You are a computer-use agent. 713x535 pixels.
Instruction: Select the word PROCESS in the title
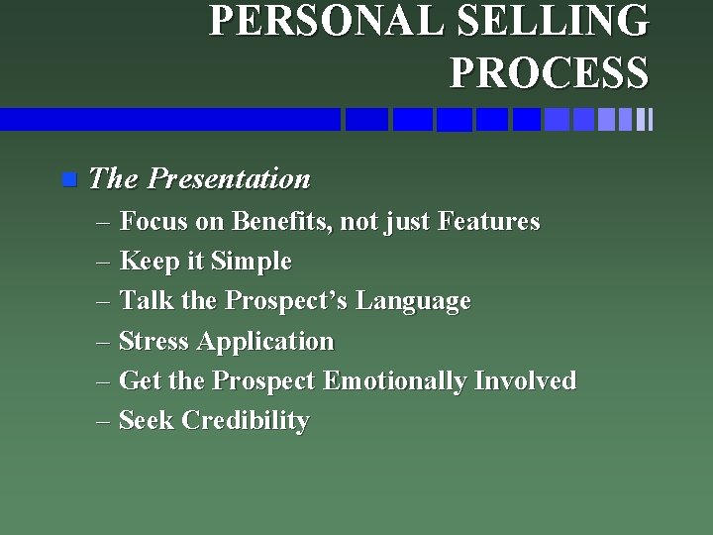[x=549, y=71]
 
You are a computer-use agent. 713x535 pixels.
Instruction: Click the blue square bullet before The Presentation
[x=67, y=180]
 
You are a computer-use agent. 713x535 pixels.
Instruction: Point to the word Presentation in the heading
[x=229, y=179]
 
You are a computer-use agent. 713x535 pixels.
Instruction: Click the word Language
[x=413, y=301]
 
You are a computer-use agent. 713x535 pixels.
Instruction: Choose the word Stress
[x=153, y=342]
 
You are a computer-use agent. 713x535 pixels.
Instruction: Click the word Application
[x=265, y=343]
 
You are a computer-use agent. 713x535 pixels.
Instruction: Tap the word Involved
[x=525, y=381]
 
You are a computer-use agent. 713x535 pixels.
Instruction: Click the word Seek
[x=145, y=421]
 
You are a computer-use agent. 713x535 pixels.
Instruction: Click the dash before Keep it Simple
[x=105, y=263]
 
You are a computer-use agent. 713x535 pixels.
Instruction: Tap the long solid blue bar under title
[x=168, y=120]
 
